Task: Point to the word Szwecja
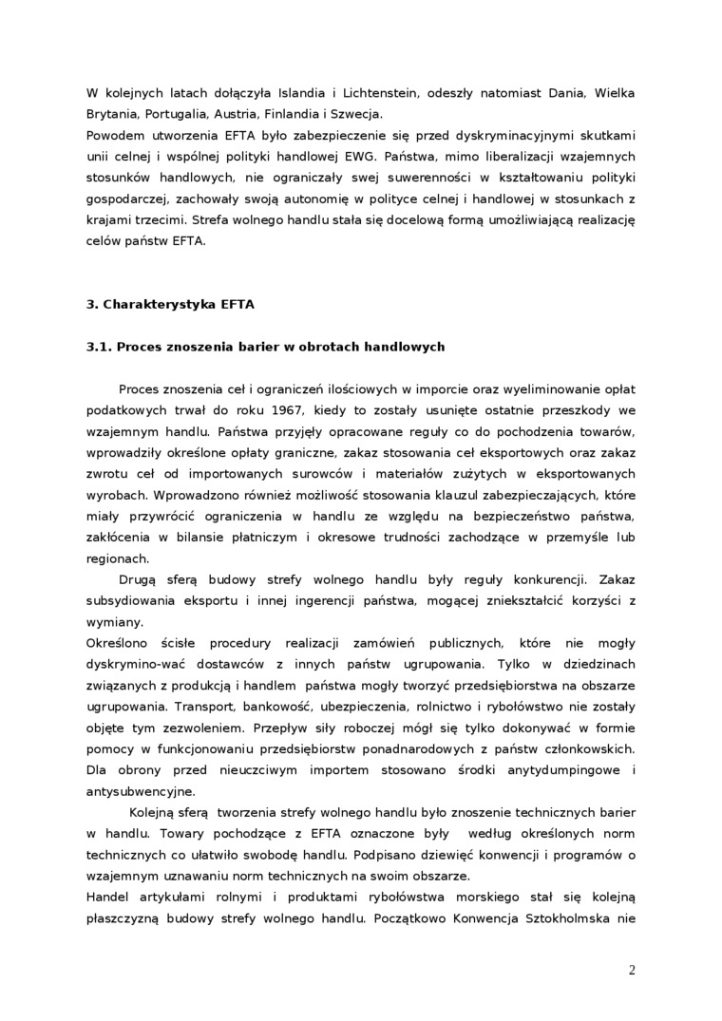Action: coord(353,113)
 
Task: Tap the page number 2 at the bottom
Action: coord(632,970)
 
